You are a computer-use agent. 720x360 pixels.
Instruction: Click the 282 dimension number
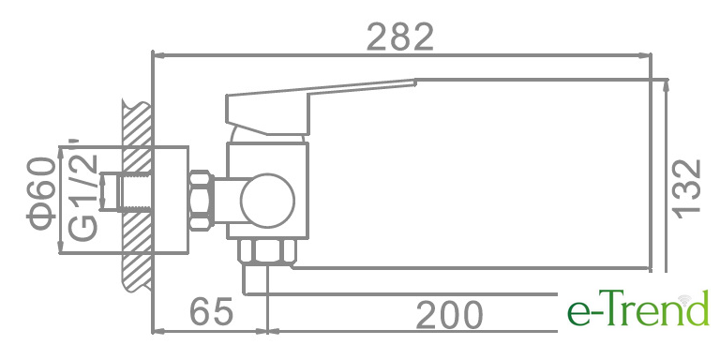point(400,37)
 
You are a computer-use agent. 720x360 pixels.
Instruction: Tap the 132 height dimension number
point(687,188)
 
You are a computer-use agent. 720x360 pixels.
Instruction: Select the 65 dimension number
point(212,312)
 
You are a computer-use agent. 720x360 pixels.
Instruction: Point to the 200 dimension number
point(450,315)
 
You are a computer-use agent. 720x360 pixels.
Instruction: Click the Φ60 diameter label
point(42,193)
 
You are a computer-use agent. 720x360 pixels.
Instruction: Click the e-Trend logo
point(638,308)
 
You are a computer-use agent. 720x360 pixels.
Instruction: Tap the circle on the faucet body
point(268,201)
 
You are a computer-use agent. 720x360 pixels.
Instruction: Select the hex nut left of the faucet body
point(202,201)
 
